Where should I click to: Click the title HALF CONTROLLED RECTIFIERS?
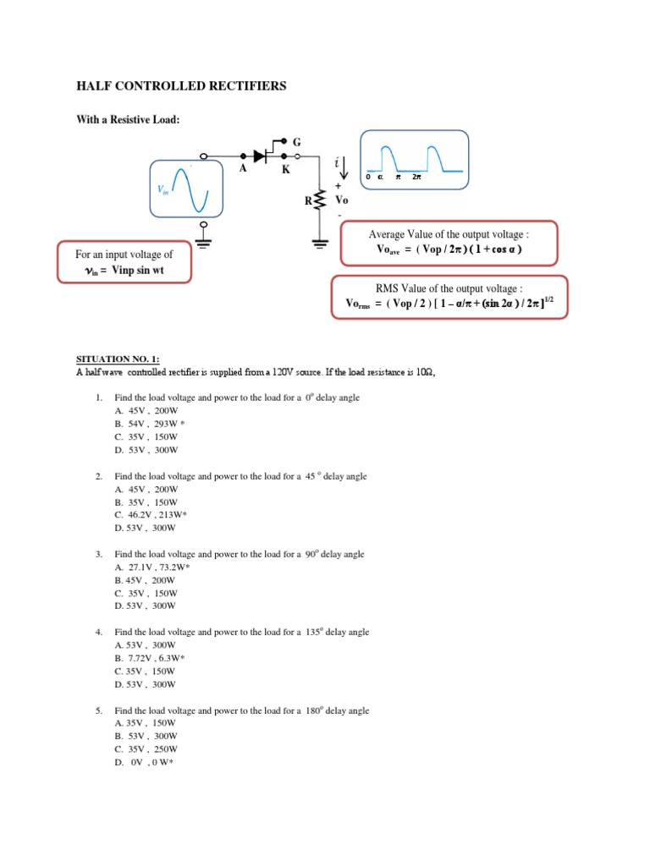(x=181, y=86)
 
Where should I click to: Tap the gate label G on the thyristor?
(x=297, y=141)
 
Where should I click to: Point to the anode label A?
(x=242, y=169)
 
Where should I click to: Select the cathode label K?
(x=286, y=169)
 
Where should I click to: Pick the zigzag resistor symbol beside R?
(x=319, y=201)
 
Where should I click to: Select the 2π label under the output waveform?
(x=416, y=178)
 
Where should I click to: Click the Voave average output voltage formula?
(x=449, y=249)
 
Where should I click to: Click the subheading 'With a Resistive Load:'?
(x=129, y=120)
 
